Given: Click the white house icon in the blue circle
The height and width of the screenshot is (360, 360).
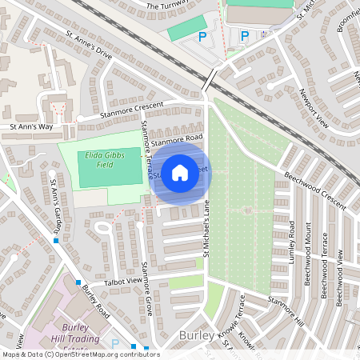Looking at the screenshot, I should point(180,172).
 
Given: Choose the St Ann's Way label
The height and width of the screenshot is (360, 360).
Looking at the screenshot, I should point(31,126).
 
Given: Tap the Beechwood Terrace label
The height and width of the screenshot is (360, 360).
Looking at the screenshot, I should point(325,264).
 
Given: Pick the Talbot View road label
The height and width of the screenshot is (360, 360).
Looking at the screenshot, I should point(122,282).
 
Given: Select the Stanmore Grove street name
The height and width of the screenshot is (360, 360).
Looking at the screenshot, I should point(148,288).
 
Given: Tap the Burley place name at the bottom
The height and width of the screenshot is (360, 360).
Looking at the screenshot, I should point(198,334).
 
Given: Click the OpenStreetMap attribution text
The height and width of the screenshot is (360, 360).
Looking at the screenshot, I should point(81,354).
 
